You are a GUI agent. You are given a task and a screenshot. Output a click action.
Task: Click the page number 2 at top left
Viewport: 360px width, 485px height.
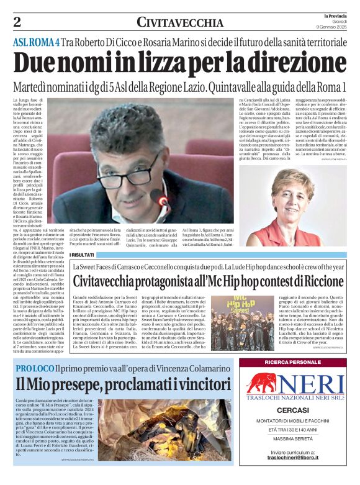pyautogui.click(x=17, y=22)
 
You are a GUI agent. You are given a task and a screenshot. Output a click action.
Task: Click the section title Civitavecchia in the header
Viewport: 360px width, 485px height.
pyautogui.click(x=180, y=22)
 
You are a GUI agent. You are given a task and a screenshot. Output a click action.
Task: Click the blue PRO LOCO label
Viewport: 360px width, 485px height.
pyautogui.click(x=38, y=369)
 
